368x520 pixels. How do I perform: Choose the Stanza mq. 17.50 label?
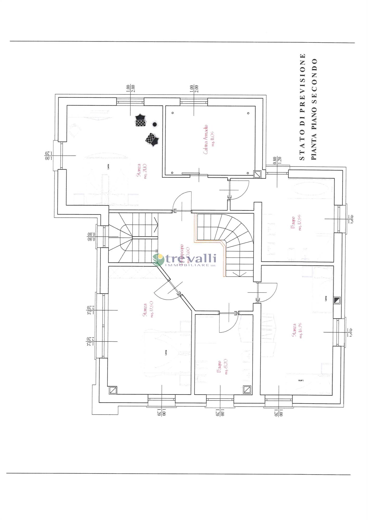click(146, 310)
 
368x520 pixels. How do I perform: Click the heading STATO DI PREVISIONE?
click(302, 107)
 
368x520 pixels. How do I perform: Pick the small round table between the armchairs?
click(155, 124)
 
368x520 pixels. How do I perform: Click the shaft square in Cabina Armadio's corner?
click(257, 174)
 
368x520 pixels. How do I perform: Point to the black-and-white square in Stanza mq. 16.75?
click(337, 301)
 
